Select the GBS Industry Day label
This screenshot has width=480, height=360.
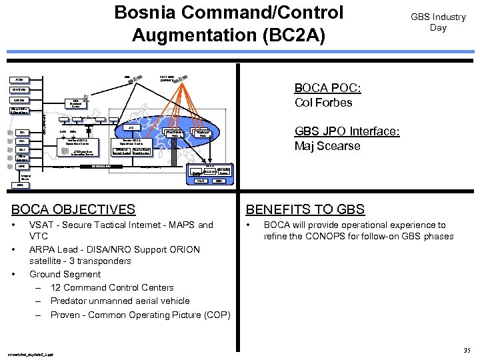pos(438,22)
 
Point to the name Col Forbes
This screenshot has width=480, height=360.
pos(323,102)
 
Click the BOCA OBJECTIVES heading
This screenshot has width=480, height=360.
pos(73,209)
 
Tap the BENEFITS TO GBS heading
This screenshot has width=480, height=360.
pos(305,209)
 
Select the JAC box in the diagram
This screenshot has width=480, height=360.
pos(131,127)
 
